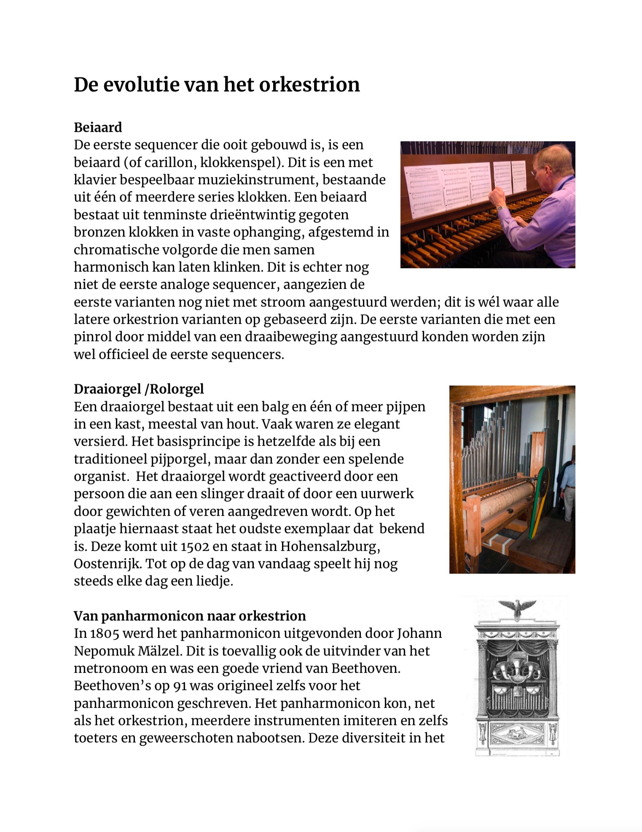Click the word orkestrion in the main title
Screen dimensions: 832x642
pyautogui.click(x=309, y=84)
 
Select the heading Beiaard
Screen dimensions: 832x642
pyautogui.click(x=98, y=127)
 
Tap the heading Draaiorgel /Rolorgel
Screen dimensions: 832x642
pyautogui.click(x=139, y=389)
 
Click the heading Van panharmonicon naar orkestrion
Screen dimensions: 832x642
pyautogui.click(x=190, y=616)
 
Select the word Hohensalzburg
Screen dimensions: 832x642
pyautogui.click(x=330, y=546)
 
